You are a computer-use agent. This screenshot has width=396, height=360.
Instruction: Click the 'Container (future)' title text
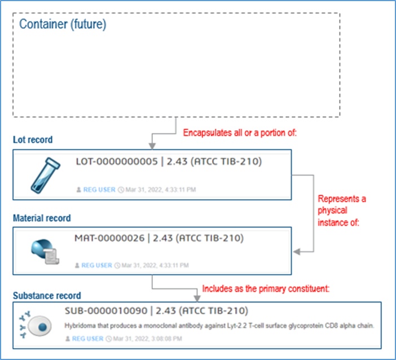[63, 25]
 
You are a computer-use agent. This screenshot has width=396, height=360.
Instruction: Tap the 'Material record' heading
[42, 218]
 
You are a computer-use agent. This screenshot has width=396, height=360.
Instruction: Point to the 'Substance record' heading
[47, 295]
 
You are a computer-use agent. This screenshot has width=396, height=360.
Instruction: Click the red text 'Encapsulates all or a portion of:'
[240, 134]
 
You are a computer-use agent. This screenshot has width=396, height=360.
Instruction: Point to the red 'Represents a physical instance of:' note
[342, 210]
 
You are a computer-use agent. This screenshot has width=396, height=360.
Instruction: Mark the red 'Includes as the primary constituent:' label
[266, 288]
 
